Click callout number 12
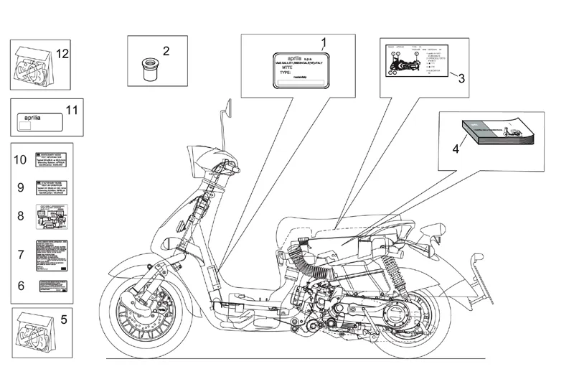[x=62, y=54]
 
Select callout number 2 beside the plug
[x=166, y=51]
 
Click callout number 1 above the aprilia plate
[x=324, y=42]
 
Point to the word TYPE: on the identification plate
[x=286, y=74]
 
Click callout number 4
[x=455, y=149]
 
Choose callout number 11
[x=70, y=110]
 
